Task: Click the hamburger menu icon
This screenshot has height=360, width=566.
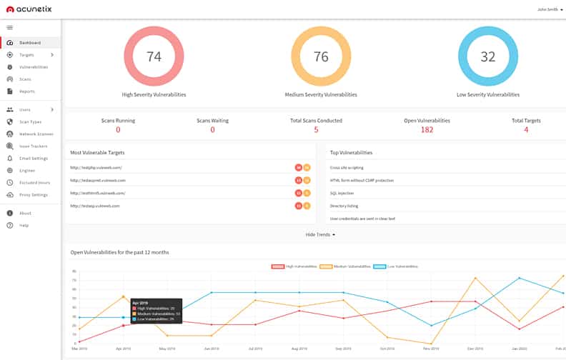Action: click(10, 27)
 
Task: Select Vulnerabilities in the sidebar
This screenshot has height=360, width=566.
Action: click(33, 67)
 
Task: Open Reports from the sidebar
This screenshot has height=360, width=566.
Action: click(26, 91)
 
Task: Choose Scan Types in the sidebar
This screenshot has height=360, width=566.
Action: click(30, 122)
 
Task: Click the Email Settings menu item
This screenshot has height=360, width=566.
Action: click(33, 159)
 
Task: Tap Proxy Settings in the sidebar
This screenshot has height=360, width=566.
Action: click(33, 195)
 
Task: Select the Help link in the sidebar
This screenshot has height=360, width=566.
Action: click(24, 226)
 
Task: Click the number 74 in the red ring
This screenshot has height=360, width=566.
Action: click(154, 57)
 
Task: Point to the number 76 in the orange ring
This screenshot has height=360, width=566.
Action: click(320, 57)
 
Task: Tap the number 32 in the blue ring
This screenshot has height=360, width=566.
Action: click(487, 57)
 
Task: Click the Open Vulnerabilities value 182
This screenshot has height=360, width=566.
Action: click(427, 130)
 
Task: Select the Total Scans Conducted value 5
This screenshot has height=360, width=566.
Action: click(316, 130)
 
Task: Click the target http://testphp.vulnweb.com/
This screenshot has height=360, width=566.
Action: click(96, 168)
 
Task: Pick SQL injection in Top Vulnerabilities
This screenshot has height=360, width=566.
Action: click(343, 193)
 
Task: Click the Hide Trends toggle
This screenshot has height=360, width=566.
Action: click(320, 234)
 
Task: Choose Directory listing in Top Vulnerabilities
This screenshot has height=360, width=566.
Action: click(344, 206)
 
